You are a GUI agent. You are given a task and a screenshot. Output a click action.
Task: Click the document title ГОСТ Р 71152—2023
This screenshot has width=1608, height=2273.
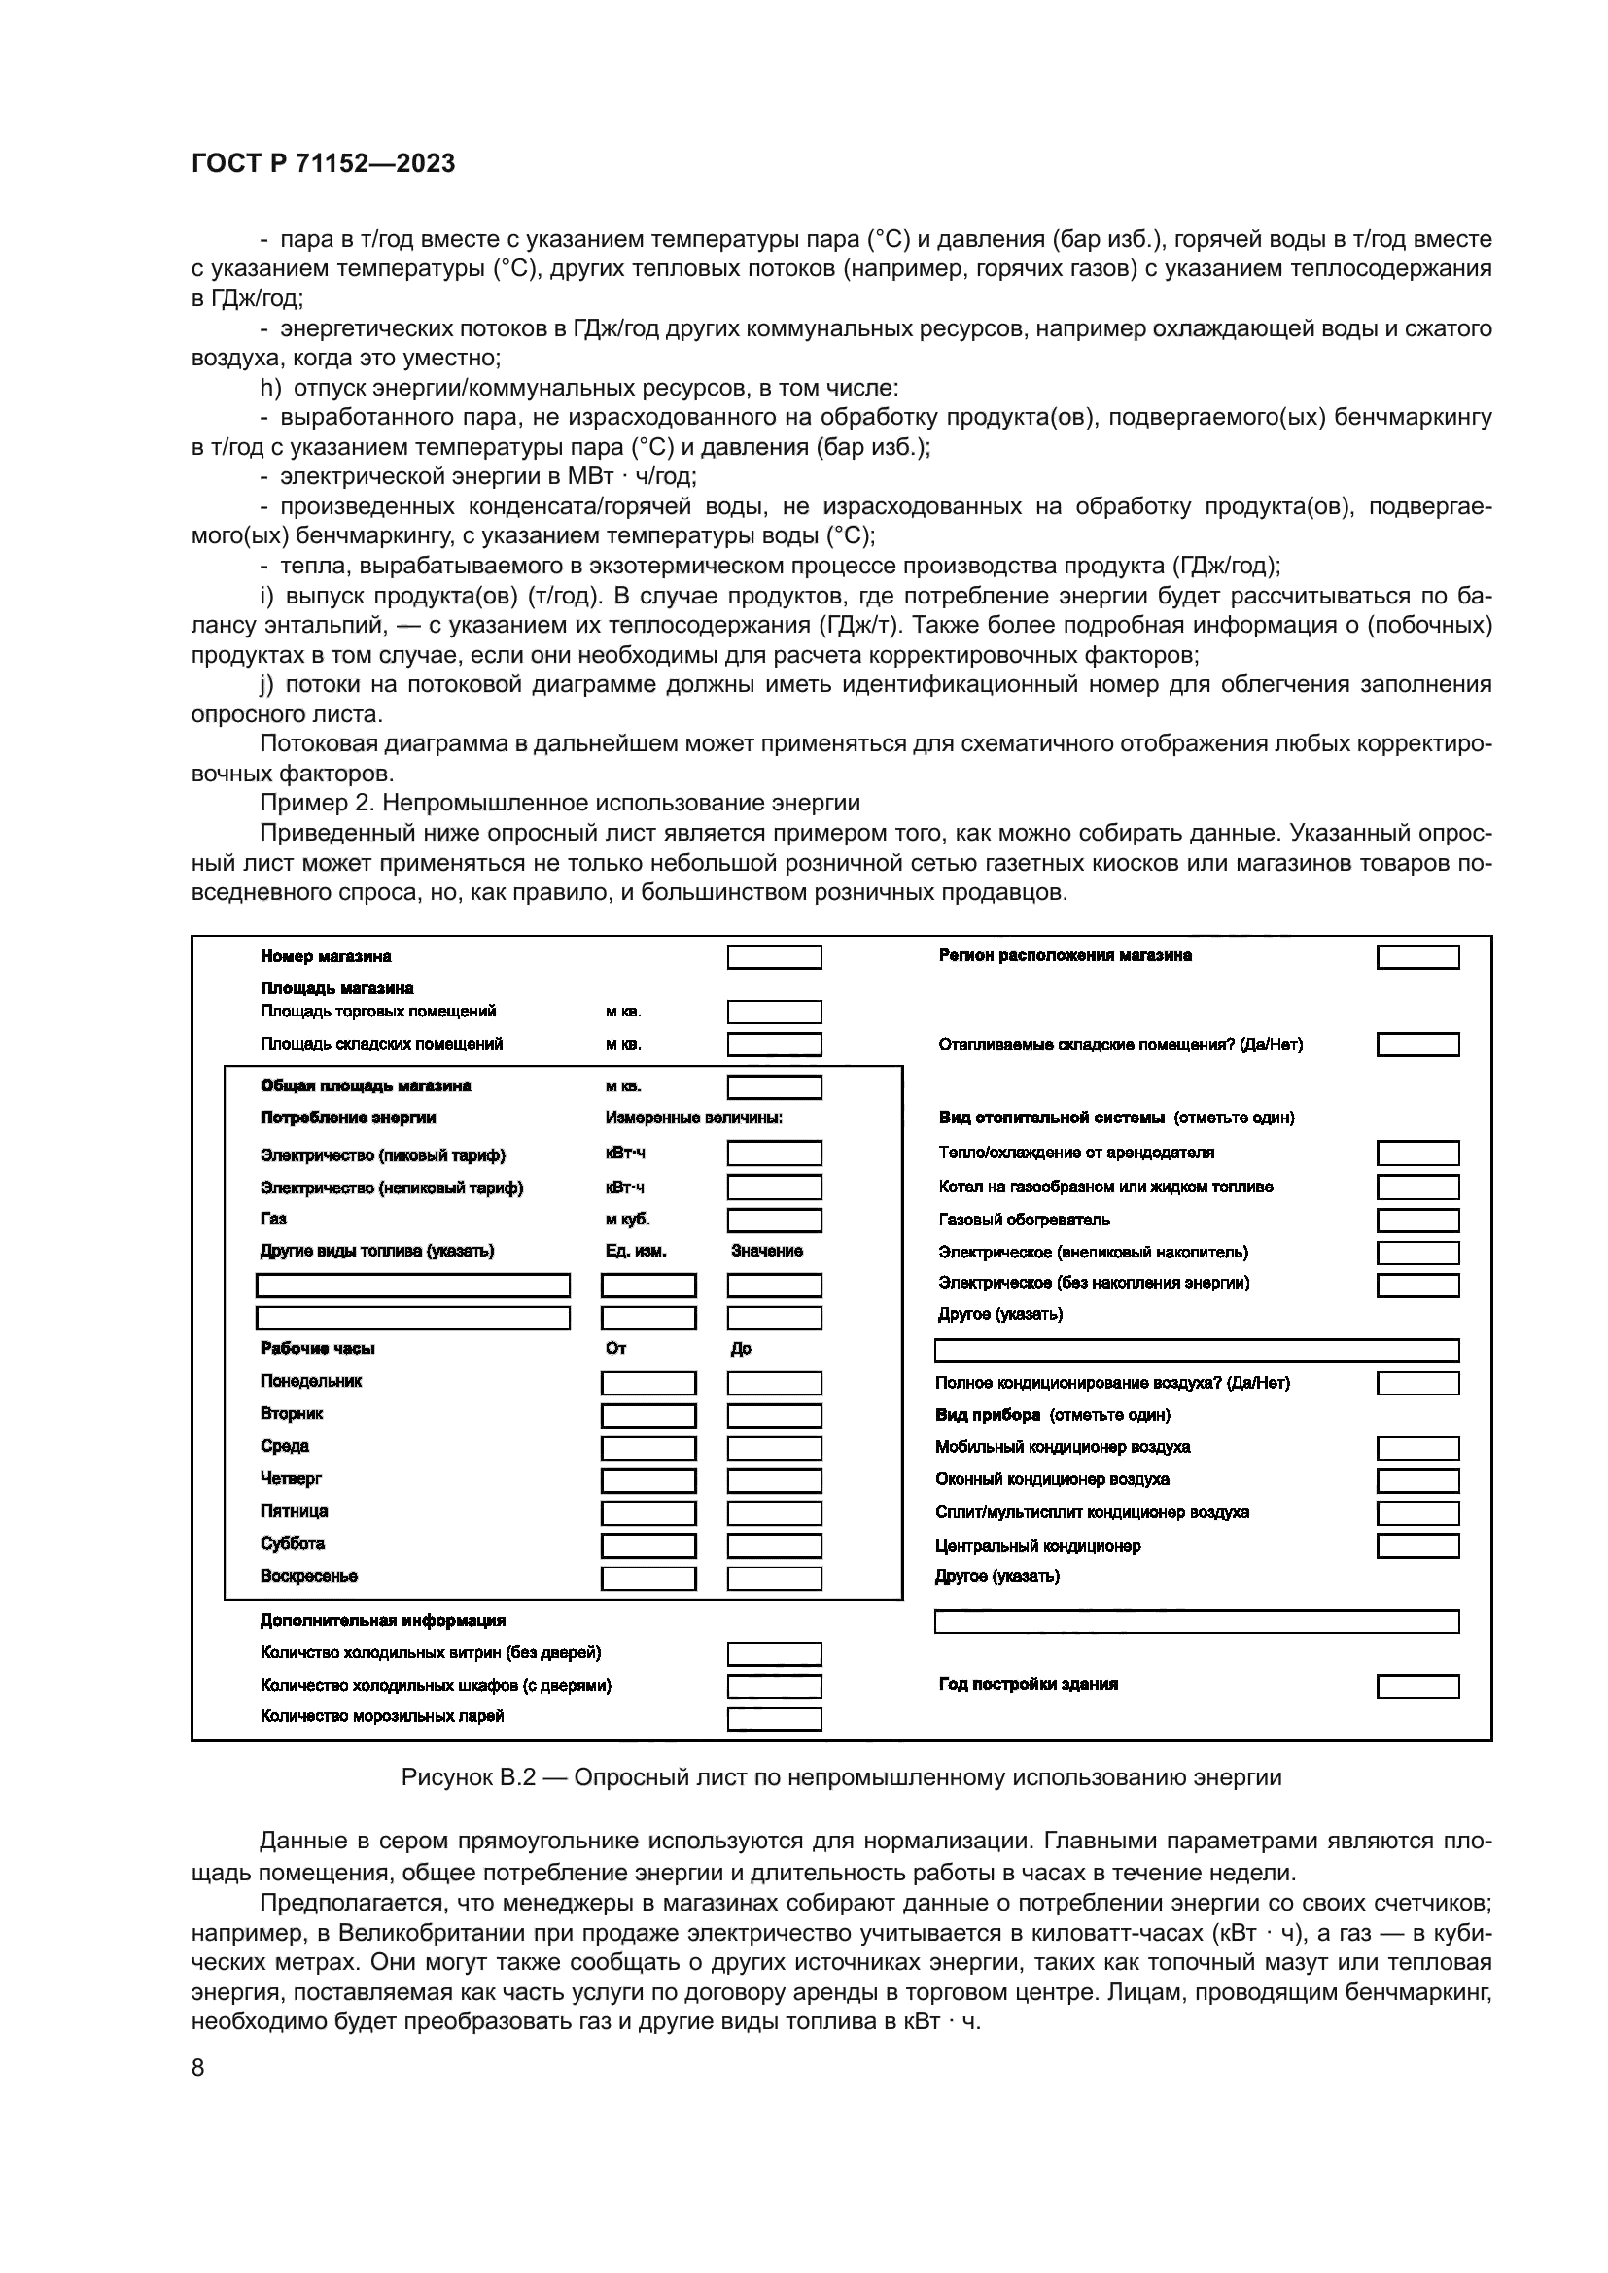323,164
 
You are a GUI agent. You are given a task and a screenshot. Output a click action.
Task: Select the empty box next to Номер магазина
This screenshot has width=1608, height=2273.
773,957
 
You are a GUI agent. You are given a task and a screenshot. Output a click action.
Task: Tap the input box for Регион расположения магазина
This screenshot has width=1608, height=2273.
1416,957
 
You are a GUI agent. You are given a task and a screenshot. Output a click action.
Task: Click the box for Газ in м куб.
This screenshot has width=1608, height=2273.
773,1221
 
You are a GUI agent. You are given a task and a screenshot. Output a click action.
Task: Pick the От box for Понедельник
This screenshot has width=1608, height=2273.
648,1383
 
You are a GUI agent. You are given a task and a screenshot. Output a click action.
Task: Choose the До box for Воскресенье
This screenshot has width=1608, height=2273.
773,1578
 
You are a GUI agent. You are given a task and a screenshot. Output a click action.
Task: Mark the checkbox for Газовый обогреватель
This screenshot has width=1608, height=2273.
1416,1221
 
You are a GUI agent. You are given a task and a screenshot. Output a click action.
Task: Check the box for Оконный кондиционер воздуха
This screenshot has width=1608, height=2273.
1416,1481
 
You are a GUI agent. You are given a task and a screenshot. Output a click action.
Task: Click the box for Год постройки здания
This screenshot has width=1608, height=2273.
1416,1686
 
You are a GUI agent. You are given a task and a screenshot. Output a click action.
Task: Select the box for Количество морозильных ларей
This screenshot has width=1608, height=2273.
773,1719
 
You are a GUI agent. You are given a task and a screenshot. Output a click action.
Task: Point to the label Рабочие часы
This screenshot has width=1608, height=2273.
317,1349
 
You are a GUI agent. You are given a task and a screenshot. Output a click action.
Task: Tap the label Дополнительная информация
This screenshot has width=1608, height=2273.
382,1621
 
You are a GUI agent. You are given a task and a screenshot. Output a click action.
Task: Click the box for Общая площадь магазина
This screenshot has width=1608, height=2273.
773,1088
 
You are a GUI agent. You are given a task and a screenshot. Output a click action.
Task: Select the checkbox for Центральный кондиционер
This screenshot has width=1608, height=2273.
1416,1546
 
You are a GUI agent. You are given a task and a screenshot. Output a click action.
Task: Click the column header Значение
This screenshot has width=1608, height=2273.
766,1252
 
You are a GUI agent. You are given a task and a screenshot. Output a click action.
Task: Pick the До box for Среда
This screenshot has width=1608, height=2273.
773,1448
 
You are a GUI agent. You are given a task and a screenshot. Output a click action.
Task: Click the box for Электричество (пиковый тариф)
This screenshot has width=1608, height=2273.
773,1154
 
